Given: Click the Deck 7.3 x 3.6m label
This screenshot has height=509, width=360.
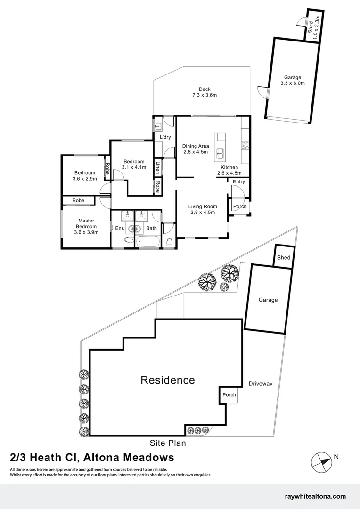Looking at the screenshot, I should pyautogui.click(x=204, y=92).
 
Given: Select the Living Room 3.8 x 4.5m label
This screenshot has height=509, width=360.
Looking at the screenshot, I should pyautogui.click(x=203, y=209).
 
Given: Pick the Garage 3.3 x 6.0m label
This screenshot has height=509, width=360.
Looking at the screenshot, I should pyautogui.click(x=292, y=81).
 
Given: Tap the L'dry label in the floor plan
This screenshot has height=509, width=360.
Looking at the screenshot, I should pyautogui.click(x=165, y=137).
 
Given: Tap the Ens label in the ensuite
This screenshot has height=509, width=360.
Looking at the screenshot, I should pyautogui.click(x=119, y=229).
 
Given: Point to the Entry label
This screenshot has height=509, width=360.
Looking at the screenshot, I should pyautogui.click(x=239, y=181).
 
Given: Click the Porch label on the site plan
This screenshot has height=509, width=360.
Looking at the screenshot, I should pyautogui.click(x=229, y=395).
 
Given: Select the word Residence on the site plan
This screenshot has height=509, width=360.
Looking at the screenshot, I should pyautogui.click(x=167, y=380).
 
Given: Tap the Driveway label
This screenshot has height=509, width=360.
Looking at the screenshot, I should pyautogui.click(x=261, y=384).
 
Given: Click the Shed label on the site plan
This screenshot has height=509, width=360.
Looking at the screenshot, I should pyautogui.click(x=284, y=257).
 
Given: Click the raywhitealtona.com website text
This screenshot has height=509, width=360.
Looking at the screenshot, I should pyautogui.click(x=316, y=496).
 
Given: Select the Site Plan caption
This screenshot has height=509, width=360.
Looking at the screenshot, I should pyautogui.click(x=168, y=443).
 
